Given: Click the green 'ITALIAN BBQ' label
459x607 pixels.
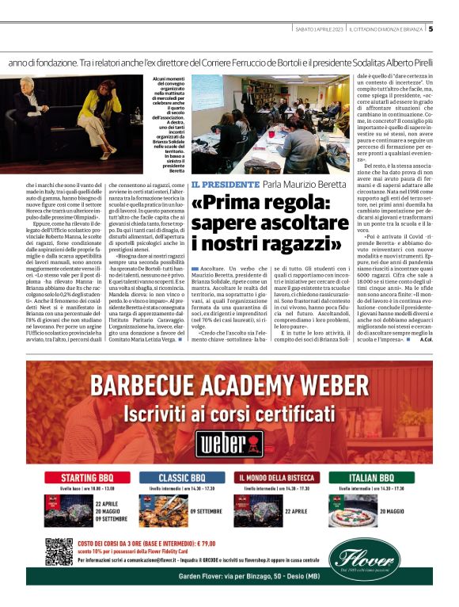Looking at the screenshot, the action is coord(378,478).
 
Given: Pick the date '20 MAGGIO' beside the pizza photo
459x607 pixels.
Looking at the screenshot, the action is coord(415,512).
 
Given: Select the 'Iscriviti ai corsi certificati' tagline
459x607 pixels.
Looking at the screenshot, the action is coord(229,414).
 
